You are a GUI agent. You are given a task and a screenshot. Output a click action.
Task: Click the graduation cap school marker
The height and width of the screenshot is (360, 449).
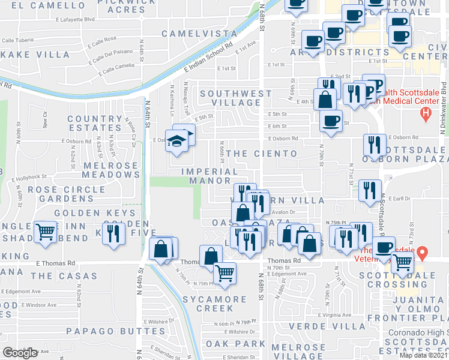click(x=177, y=142)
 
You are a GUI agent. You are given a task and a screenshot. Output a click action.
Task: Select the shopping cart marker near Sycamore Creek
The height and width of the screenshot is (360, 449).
click(x=224, y=273)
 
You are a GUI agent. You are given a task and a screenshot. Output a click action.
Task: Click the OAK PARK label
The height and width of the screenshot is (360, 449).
click(x=235, y=344)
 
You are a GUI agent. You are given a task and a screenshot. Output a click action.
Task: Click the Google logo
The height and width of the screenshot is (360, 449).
click(x=20, y=353)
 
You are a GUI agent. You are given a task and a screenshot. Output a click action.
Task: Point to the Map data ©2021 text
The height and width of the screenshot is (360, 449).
click(x=423, y=355)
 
